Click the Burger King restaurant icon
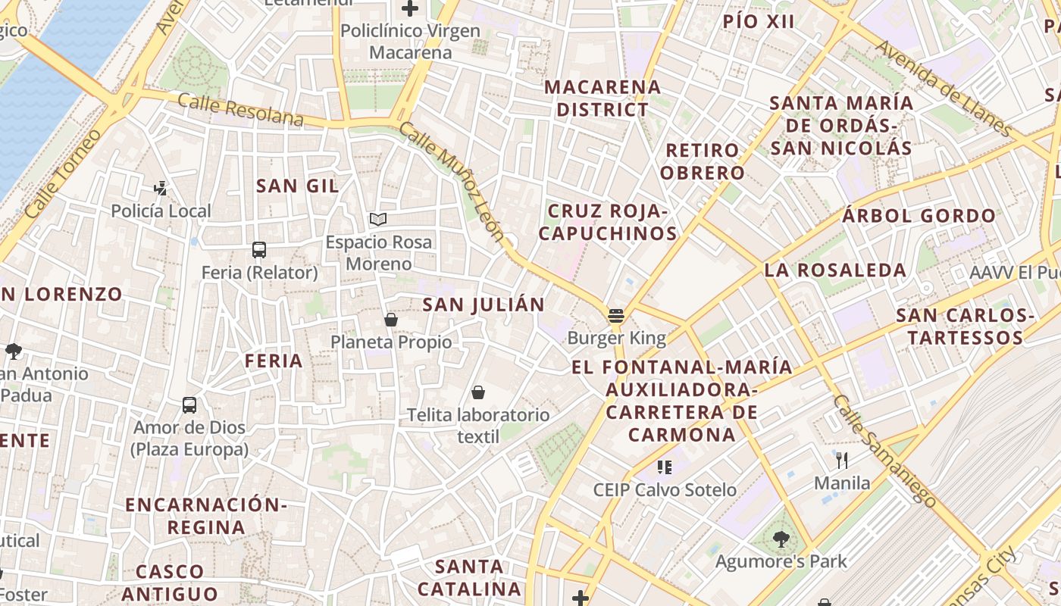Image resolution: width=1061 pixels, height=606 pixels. pyautogui.click(x=615, y=316)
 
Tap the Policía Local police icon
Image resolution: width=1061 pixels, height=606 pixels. pyautogui.click(x=160, y=188)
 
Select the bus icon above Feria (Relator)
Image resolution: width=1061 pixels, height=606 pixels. pyautogui.click(x=259, y=249)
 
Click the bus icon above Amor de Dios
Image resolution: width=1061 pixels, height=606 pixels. pyautogui.click(x=189, y=405)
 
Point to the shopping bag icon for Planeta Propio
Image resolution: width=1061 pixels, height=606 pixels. pyautogui.click(x=391, y=320)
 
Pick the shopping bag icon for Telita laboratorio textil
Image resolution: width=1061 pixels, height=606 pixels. pyautogui.click(x=478, y=392)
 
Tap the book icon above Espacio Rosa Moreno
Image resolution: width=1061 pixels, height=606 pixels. pyautogui.click(x=378, y=220)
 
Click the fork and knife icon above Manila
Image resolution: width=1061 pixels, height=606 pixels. pyautogui.click(x=841, y=460)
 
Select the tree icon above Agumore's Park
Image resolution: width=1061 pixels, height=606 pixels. pyautogui.click(x=781, y=539)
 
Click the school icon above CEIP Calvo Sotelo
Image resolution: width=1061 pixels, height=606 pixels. pyautogui.click(x=665, y=467)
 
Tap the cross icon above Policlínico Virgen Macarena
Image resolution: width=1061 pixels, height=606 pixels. pyautogui.click(x=410, y=9)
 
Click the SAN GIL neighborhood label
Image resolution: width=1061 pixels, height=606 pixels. pyautogui.click(x=297, y=186)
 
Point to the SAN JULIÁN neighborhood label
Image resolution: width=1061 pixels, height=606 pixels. pyautogui.click(x=484, y=305)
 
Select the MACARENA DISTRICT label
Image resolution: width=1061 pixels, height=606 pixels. pyautogui.click(x=602, y=98)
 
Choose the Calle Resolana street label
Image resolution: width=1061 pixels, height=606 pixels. pyautogui.click(x=241, y=110)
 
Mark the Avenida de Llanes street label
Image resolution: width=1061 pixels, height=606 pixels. pyautogui.click(x=943, y=88)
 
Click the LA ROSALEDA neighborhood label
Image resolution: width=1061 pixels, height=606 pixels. pyautogui.click(x=835, y=270)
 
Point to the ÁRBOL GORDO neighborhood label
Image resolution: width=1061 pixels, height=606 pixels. pyautogui.click(x=919, y=216)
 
